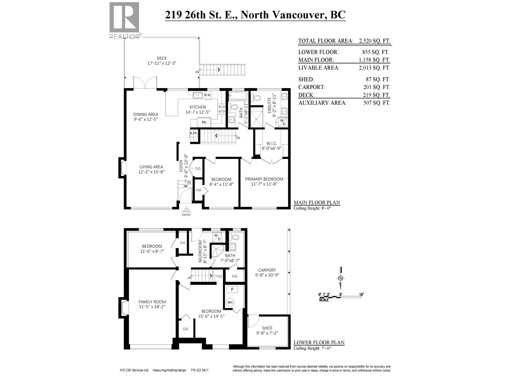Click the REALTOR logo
coord(124,20)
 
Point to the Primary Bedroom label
coord(264,179)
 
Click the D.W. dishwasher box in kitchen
coord(208,95)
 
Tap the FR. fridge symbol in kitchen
coord(204,122)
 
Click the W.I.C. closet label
coord(271,144)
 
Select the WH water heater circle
coord(230,302)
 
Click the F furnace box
coord(232,290)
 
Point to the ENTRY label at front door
coord(186,215)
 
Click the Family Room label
coord(152,302)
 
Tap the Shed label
coord(267,328)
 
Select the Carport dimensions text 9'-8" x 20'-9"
coord(267,275)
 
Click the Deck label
coord(162,58)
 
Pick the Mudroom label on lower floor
coord(201,252)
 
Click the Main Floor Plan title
coord(317,202)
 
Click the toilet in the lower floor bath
coord(235,237)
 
